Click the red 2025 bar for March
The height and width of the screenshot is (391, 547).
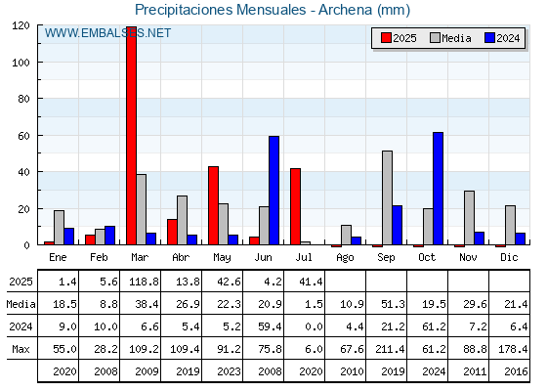(x=132, y=136)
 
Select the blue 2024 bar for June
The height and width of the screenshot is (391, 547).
(x=273, y=191)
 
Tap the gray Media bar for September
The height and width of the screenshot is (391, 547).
(x=387, y=197)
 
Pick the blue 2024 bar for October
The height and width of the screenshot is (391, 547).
(x=439, y=189)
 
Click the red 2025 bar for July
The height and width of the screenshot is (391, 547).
(x=295, y=206)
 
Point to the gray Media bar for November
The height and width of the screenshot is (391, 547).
(x=469, y=218)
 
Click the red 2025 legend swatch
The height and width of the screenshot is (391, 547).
(x=386, y=38)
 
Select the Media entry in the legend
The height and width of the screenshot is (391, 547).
(x=450, y=38)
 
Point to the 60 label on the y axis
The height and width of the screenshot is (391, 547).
(x=23, y=136)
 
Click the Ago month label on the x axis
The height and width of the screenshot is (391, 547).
(x=345, y=258)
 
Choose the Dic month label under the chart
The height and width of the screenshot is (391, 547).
(x=509, y=257)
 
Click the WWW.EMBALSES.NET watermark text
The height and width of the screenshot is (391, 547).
(x=107, y=33)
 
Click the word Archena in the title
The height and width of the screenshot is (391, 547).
(x=345, y=10)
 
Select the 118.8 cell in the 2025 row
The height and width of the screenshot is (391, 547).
(x=144, y=282)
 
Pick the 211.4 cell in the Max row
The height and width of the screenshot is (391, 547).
(x=390, y=349)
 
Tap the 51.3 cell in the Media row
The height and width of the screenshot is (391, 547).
(x=393, y=304)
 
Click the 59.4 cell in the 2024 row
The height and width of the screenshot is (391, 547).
(x=270, y=326)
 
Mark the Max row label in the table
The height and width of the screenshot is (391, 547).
(x=21, y=349)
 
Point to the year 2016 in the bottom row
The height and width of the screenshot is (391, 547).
(x=516, y=371)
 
